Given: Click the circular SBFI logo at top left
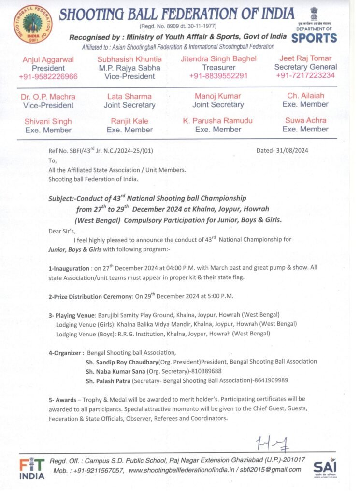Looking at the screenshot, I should (33, 25).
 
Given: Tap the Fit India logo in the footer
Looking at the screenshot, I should (32, 468).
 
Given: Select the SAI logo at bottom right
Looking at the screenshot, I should (324, 467).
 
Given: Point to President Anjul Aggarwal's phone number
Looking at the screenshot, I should (48, 76).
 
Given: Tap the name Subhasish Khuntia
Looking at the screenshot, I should (130, 59).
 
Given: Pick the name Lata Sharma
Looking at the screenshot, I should (129, 96).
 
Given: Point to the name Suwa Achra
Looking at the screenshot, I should (305, 120).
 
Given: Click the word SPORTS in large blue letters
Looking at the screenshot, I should (315, 38).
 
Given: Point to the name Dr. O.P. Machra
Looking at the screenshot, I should (48, 96).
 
